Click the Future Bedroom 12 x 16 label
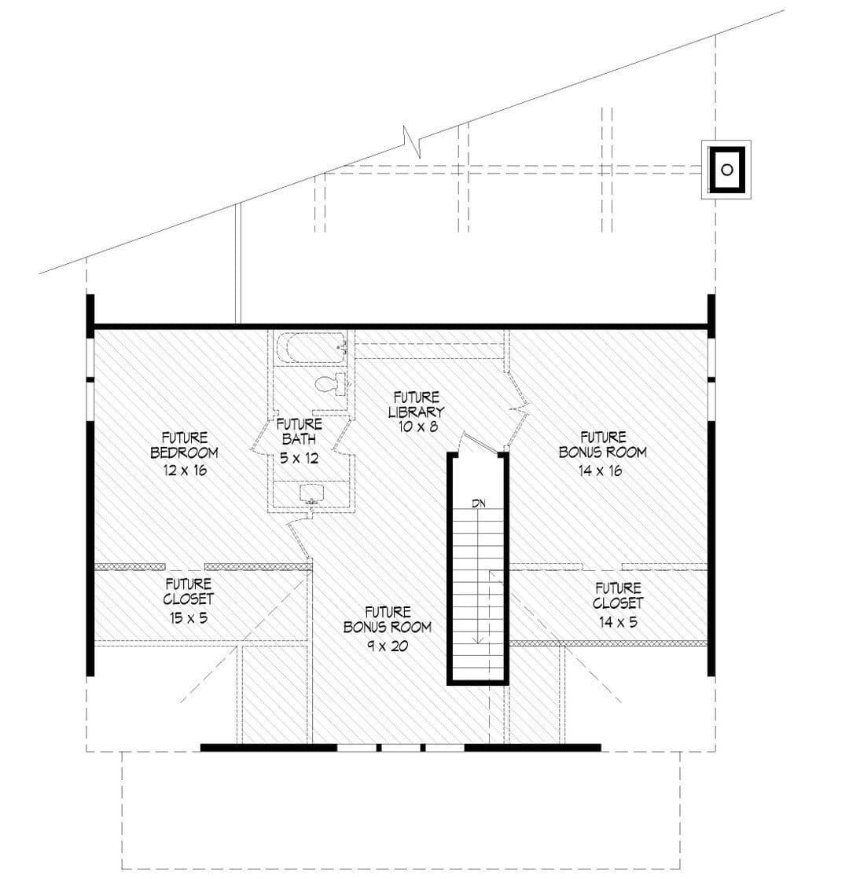184,454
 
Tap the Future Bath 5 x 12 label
299,441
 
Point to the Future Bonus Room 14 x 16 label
602,454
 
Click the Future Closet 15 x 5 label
189,601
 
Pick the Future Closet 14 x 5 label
618,605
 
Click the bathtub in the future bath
314,348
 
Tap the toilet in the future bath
330,384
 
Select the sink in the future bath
312,493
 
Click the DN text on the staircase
478,504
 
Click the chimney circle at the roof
726,170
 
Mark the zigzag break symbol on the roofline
413,142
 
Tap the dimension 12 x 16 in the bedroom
185,471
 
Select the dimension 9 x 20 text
388,646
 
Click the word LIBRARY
417,412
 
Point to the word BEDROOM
184,452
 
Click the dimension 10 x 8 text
417,427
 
